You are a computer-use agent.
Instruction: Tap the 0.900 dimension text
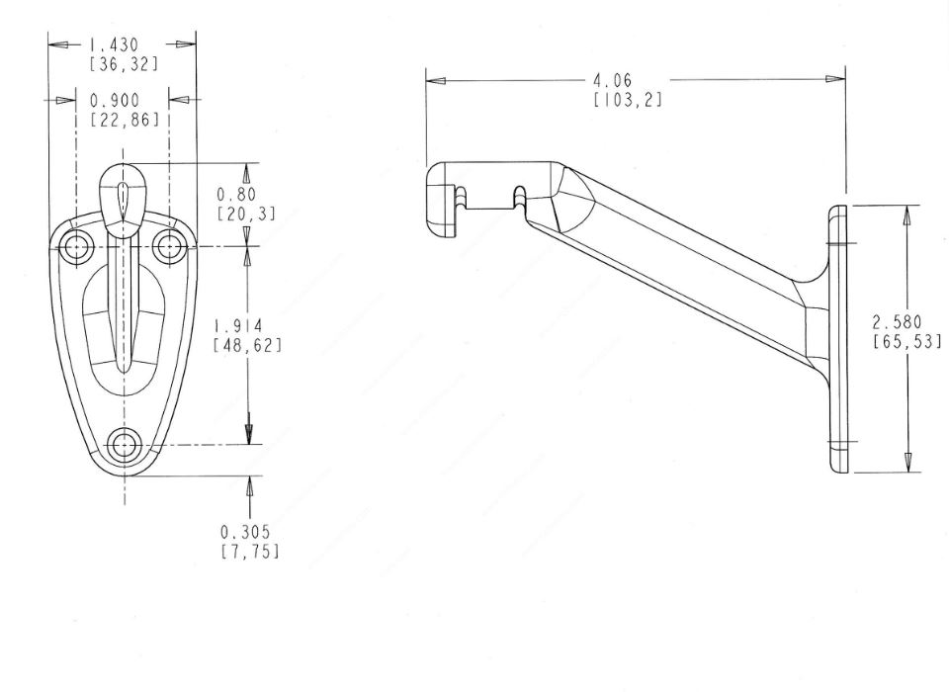point(115,101)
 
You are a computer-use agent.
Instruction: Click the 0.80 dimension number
point(237,195)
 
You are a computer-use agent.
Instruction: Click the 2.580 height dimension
point(897,321)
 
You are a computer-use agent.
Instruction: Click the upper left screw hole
point(75,245)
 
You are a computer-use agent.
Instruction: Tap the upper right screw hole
point(170,244)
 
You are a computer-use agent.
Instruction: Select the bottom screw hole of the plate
point(124,445)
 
